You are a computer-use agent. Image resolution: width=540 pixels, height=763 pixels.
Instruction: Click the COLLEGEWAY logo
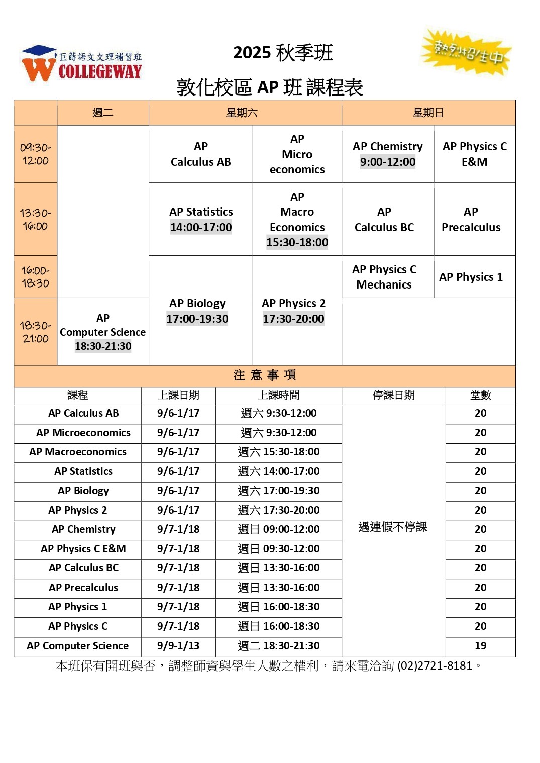pos(82,64)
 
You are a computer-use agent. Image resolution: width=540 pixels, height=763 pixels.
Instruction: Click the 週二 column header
pos(102,113)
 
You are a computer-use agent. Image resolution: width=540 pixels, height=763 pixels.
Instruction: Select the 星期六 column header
pos(242,113)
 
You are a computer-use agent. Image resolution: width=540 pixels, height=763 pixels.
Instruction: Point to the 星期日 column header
pos(428,113)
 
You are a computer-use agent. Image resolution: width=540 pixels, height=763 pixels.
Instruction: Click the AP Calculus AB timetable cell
pos(200,154)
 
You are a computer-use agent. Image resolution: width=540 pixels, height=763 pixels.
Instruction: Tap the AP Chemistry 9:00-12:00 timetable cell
pos(387,154)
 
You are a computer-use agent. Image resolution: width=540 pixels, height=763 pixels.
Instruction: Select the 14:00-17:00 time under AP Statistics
pos(201,227)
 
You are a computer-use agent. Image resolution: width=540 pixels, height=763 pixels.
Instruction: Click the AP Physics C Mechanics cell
pos(384,277)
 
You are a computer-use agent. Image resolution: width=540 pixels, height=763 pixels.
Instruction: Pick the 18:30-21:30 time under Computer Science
pos(103,346)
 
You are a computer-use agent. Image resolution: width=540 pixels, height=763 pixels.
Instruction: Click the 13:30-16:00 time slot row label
pos(35,219)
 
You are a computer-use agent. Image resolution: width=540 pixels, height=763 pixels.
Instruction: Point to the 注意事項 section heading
pos(264,375)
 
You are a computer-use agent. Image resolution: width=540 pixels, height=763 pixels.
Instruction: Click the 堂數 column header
pos(480,395)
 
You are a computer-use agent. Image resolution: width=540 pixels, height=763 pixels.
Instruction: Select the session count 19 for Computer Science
pos(480,646)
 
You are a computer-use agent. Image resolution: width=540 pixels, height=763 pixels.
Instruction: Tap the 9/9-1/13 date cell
pos(178,646)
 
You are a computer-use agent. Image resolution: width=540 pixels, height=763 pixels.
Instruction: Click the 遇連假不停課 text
pos(393,527)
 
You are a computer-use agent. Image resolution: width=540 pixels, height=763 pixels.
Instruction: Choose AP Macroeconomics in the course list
pos(78,452)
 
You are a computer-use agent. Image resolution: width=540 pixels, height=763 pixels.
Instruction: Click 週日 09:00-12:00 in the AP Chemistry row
pos(279,529)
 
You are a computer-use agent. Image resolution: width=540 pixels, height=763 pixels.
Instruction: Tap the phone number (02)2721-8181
pos(435,666)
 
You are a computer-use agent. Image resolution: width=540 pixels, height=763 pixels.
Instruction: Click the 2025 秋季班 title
pos(283,53)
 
